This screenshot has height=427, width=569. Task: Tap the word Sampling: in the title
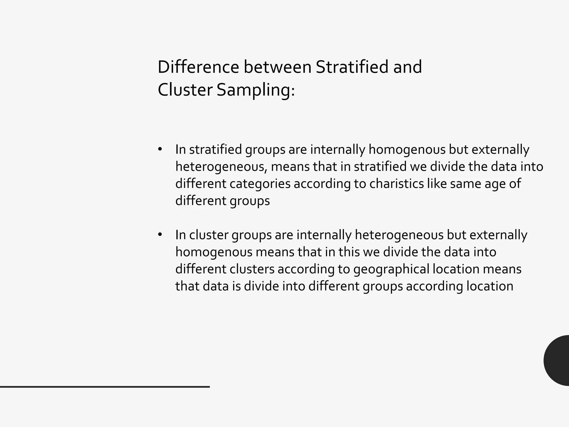pyautogui.click(x=256, y=90)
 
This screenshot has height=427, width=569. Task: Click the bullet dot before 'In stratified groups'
pyautogui.click(x=160, y=149)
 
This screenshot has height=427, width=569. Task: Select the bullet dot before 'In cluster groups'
pyautogui.click(x=160, y=235)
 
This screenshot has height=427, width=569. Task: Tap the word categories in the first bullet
pyautogui.click(x=260, y=184)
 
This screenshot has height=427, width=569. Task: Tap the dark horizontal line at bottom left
pyautogui.click(x=105, y=387)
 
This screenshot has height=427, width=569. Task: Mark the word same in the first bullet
pyautogui.click(x=465, y=183)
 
